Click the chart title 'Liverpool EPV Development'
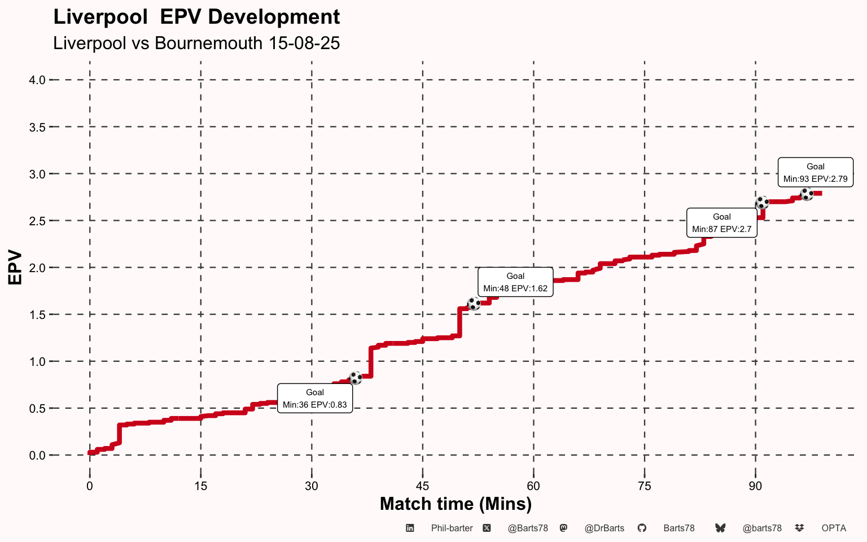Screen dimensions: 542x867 (x=196, y=17)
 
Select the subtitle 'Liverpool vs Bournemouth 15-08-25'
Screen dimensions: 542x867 (x=196, y=43)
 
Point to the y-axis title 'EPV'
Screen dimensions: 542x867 (x=15, y=268)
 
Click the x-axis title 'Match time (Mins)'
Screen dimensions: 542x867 (x=456, y=504)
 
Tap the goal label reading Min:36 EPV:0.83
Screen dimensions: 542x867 (x=315, y=399)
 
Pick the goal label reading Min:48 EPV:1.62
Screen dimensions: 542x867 (x=515, y=282)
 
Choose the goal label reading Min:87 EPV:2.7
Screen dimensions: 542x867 (x=721, y=223)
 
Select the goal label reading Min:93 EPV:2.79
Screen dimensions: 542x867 (x=815, y=172)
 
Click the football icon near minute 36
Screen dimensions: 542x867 (x=356, y=378)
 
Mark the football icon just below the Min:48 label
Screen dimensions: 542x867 (x=474, y=304)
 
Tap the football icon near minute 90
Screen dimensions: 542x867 (x=762, y=203)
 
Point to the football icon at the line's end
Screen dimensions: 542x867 (x=807, y=194)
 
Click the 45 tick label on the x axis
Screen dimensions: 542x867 (x=422, y=486)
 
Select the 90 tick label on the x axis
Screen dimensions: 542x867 (x=755, y=486)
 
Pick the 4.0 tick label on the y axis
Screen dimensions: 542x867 (x=37, y=80)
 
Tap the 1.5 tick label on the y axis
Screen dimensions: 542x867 (x=37, y=314)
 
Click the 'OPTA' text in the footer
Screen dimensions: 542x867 (x=834, y=528)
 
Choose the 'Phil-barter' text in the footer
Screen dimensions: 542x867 (x=452, y=528)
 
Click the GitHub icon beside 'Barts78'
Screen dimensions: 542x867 (x=642, y=528)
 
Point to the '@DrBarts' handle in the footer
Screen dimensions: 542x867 (x=604, y=528)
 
